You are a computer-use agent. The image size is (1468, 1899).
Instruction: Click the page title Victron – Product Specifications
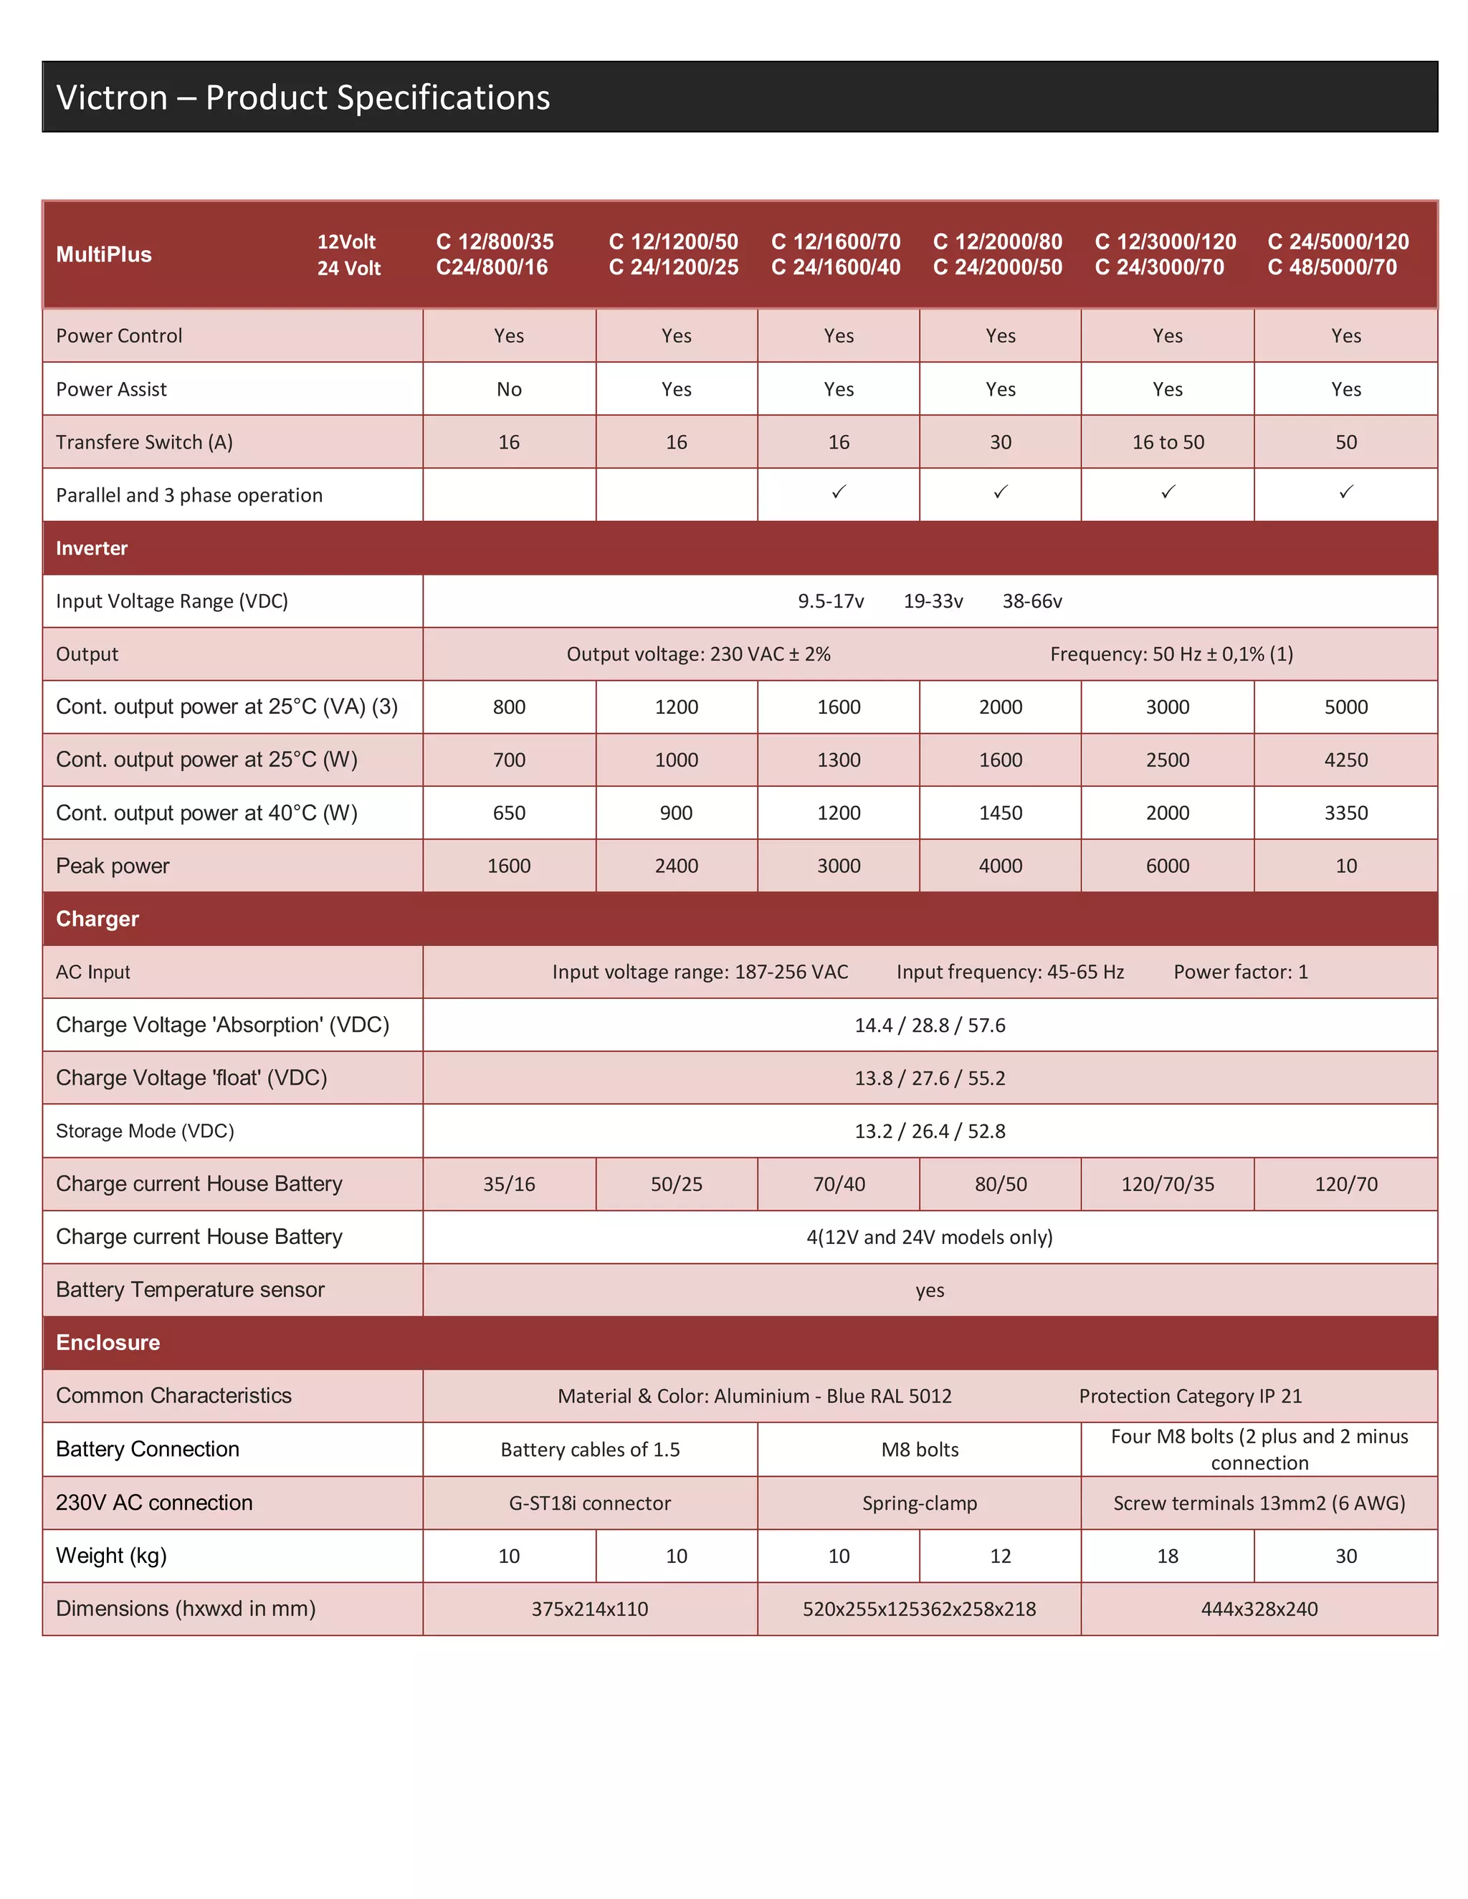302,97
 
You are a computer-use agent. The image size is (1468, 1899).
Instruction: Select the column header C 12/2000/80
998,241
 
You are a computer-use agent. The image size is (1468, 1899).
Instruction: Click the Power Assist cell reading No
509,390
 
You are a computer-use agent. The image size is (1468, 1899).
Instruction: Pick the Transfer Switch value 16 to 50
1167,443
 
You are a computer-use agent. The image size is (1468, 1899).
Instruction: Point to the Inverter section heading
91,549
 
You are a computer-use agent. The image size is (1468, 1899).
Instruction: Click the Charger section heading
97,919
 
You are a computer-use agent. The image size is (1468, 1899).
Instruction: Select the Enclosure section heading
108,1342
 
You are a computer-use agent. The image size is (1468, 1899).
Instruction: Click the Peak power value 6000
1167,866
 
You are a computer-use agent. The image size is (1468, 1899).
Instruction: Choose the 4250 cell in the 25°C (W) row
1345,760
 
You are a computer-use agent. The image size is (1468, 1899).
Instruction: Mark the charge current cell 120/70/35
1167,1185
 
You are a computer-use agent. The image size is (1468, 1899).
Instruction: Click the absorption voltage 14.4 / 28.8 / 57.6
929,1025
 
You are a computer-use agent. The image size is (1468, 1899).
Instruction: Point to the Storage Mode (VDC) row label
144,1132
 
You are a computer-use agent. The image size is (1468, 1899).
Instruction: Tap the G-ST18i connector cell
590,1503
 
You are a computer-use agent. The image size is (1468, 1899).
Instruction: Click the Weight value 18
1167,1556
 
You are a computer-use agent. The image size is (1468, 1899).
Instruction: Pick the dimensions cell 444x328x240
1259,1609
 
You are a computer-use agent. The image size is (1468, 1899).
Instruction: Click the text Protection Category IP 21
1190,1397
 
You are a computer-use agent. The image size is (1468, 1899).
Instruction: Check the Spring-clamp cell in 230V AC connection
919,1503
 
